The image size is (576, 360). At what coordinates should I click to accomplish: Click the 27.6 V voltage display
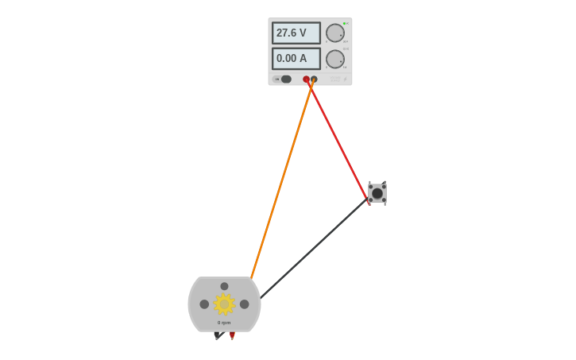click(x=296, y=33)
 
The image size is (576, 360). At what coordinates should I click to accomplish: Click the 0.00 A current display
click(x=296, y=58)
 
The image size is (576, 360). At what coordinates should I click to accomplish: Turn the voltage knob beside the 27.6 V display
click(x=335, y=33)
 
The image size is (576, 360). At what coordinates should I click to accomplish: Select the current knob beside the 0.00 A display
click(x=335, y=59)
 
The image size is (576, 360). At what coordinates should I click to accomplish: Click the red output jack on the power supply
click(x=306, y=79)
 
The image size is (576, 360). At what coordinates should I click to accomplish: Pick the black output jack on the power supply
click(x=314, y=79)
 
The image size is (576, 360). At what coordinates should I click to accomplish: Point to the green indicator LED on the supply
click(x=346, y=23)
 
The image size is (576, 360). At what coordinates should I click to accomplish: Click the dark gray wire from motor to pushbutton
click(x=314, y=249)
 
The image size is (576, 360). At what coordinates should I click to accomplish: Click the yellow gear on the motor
click(x=224, y=304)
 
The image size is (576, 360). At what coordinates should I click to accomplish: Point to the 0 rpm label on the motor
click(x=224, y=323)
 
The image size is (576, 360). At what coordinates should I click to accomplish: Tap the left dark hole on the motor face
click(x=204, y=304)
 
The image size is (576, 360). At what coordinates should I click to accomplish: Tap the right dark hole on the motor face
click(x=244, y=304)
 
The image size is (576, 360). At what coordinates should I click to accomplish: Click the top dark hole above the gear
click(x=224, y=286)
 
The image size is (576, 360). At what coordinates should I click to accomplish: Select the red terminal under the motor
click(x=232, y=335)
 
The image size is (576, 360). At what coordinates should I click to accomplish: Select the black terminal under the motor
click(x=217, y=335)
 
